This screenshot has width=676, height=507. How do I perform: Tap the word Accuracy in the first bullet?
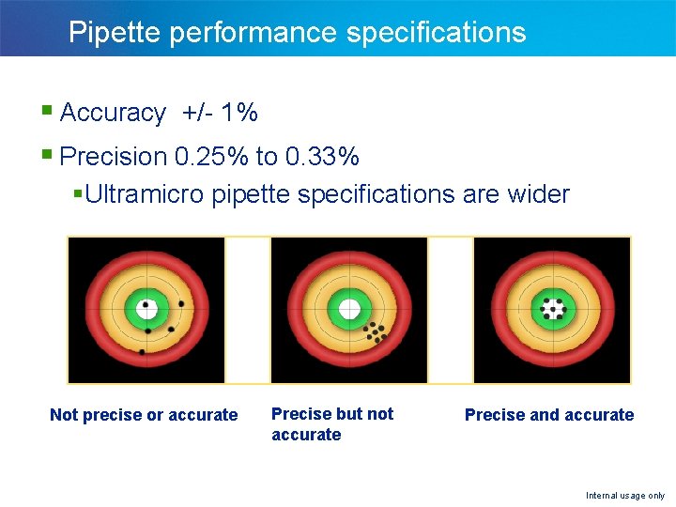113,114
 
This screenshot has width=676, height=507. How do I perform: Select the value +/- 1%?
221,114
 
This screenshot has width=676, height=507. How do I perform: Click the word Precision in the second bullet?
112,155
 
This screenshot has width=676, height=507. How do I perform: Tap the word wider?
537,194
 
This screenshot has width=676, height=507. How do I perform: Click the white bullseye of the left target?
146,308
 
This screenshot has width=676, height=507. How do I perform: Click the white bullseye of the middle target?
349,308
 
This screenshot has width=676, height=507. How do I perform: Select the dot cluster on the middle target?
376,332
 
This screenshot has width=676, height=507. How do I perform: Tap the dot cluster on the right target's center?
552,309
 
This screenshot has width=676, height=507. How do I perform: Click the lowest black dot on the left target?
142,352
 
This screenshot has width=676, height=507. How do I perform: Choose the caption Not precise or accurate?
144,415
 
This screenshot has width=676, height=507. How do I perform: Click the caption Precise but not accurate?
332,423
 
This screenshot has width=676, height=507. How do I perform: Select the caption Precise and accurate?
549,415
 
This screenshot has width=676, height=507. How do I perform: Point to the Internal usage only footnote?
625,496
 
